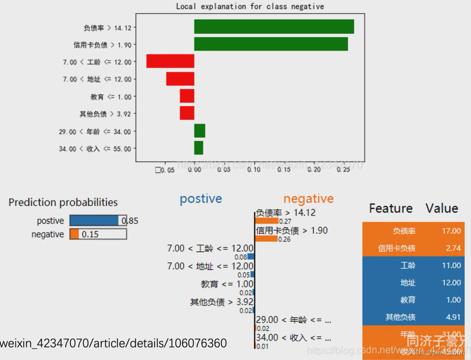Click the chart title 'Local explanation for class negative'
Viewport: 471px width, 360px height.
(x=250, y=7)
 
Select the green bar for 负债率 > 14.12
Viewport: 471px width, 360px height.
(x=274, y=27)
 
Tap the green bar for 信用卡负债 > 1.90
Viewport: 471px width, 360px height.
(x=271, y=44)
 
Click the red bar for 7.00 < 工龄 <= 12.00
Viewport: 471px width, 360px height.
(x=170, y=62)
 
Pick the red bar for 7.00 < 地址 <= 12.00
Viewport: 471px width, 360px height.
(x=180, y=79)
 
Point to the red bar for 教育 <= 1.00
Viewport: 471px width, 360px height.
(x=187, y=96)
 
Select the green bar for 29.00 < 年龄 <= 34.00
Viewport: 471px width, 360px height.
(x=200, y=131)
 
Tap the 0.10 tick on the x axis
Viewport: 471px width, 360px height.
(x=254, y=169)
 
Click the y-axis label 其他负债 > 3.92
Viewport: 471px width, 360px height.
(x=105, y=114)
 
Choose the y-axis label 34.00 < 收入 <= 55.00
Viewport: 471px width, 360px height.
(x=95, y=149)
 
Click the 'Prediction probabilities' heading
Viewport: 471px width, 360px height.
(x=63, y=202)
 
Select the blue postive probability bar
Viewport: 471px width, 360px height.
(x=94, y=221)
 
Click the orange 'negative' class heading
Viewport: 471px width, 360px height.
(x=308, y=199)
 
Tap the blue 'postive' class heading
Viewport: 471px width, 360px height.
(x=200, y=199)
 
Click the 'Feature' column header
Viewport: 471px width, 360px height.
(x=390, y=208)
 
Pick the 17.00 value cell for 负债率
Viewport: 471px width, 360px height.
(x=451, y=231)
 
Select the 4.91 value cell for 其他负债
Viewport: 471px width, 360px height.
(x=451, y=317)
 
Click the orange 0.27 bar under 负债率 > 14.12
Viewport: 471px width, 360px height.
(x=267, y=221)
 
